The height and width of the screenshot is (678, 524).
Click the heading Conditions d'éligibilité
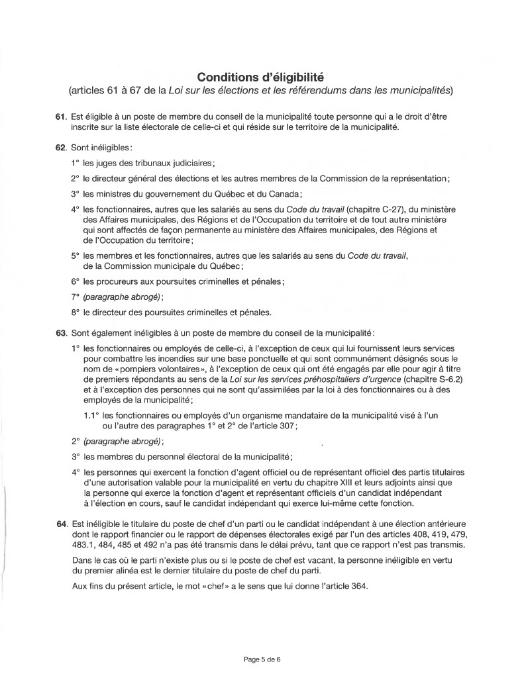pos(262,74)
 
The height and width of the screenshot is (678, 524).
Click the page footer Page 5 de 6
pos(262,659)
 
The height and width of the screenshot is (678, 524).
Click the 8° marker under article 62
pos(75,313)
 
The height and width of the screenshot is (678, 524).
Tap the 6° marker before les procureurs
pos(75,281)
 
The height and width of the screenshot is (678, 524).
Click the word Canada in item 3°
pos(286,193)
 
